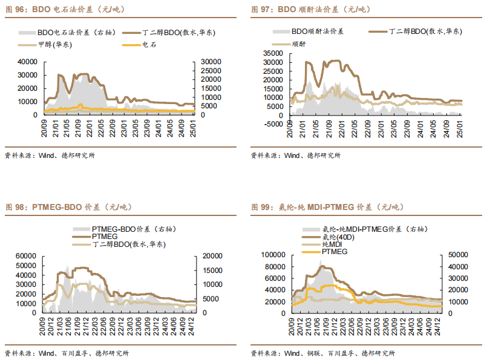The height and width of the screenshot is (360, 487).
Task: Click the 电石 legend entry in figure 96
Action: tap(149, 44)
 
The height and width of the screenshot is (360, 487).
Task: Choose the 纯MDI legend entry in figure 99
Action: tap(333, 244)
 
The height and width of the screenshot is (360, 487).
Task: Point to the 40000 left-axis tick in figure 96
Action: tap(28, 61)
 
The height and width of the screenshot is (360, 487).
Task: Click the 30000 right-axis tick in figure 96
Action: tap(209, 61)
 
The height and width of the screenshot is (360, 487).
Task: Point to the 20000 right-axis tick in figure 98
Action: tap(212, 255)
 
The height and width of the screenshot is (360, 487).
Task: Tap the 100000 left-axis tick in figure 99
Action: tap(273, 255)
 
